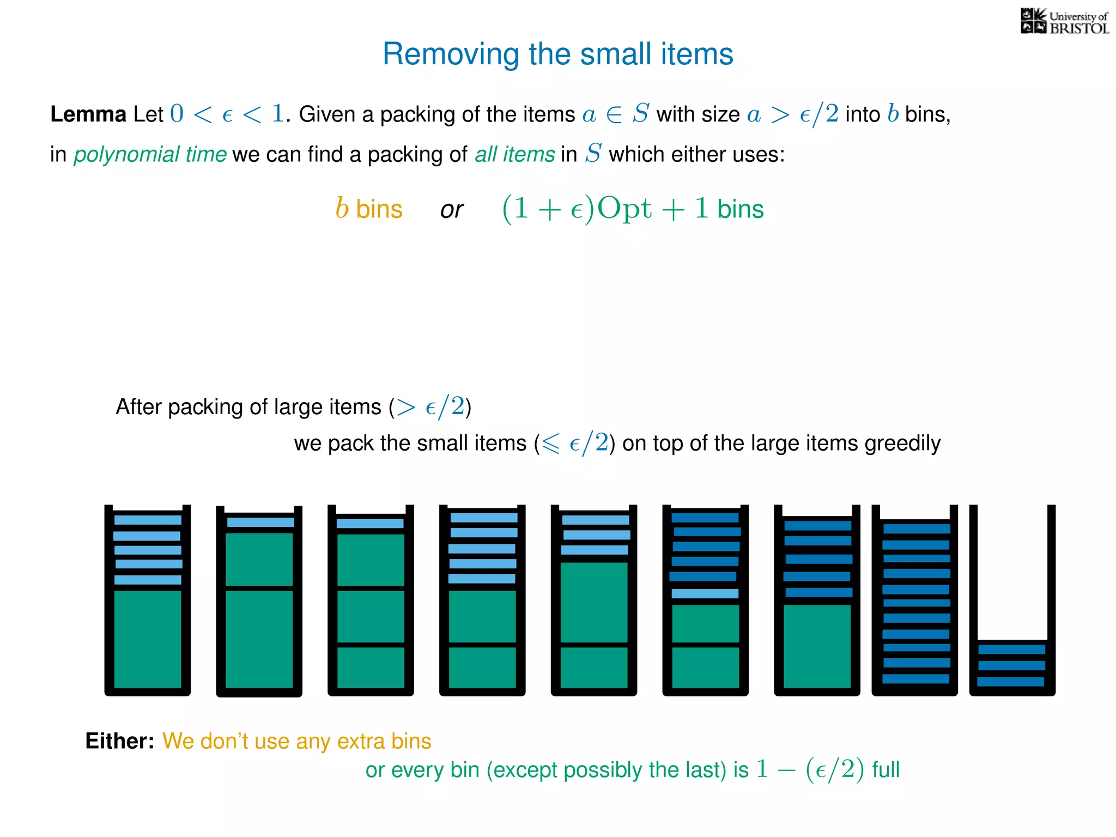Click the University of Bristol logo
click(1064, 22)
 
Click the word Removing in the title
click(451, 54)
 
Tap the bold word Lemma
click(88, 114)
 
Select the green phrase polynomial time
click(150, 154)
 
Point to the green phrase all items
click(514, 154)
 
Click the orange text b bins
click(369, 209)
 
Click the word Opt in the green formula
click(624, 209)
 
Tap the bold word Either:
click(120, 741)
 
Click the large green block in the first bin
click(148, 639)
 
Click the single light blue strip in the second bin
click(260, 522)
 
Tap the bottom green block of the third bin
click(371, 668)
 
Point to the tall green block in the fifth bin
click(594, 602)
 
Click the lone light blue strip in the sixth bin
click(705, 593)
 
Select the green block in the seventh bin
click(817, 646)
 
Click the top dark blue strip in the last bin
click(1012, 650)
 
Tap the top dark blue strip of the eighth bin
click(917, 529)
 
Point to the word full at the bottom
click(885, 770)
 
